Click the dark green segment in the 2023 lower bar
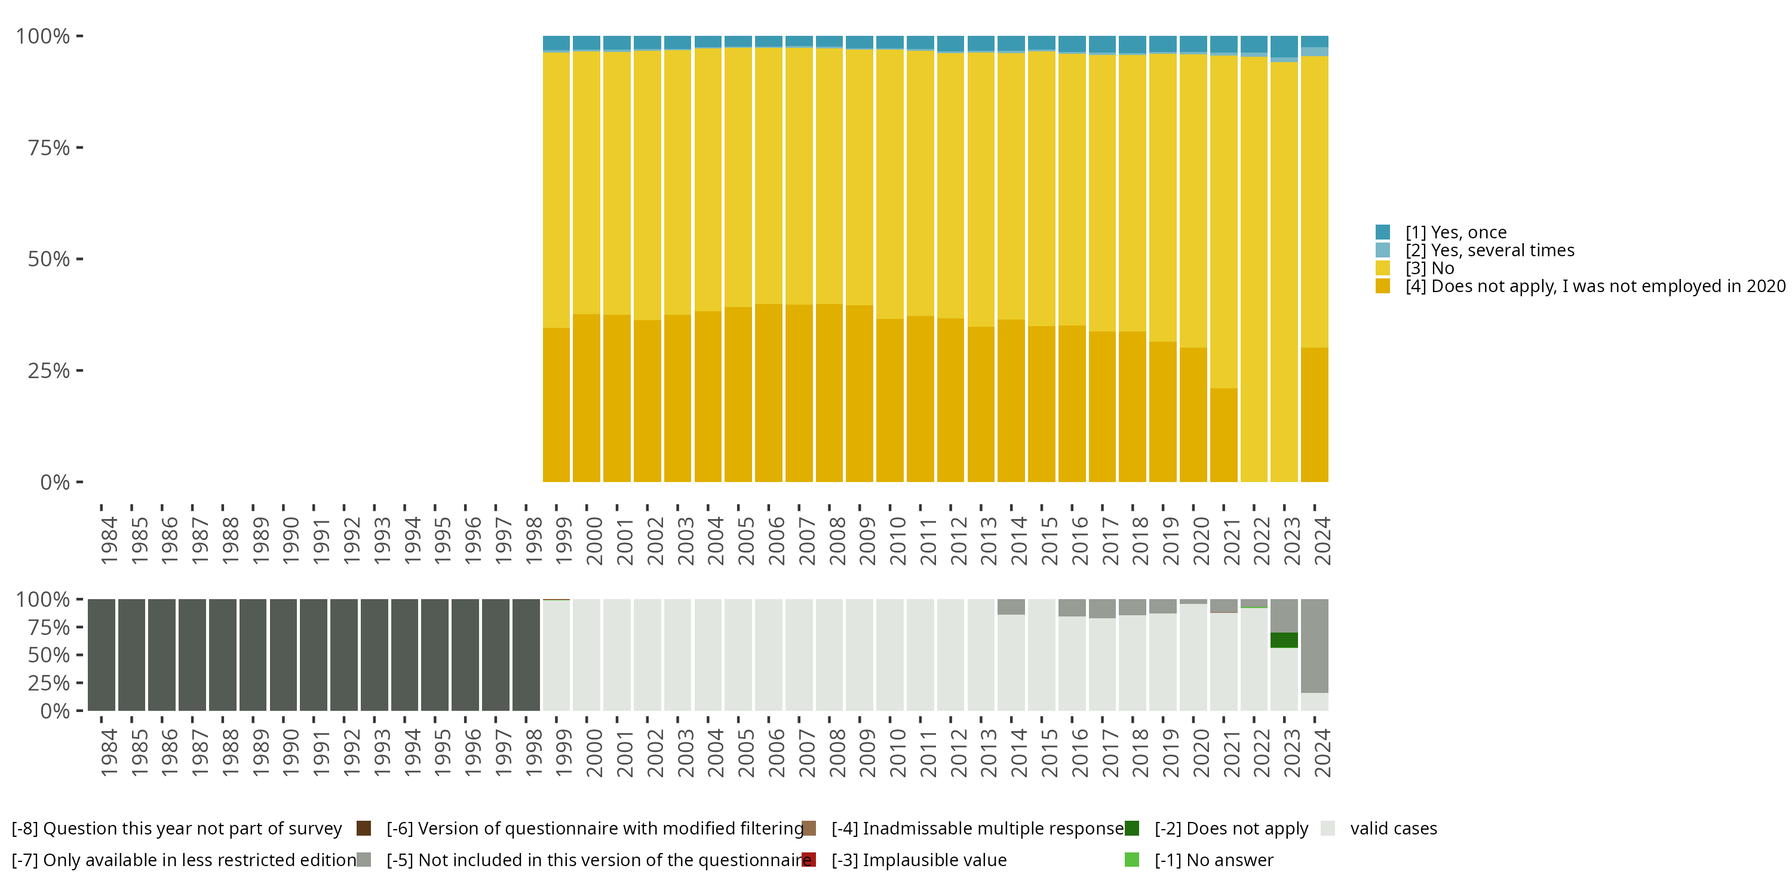(x=1284, y=640)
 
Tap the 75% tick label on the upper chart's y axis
(x=49, y=148)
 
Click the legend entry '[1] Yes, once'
(x=1455, y=232)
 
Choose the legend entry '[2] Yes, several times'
(x=1489, y=250)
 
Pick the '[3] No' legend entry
(x=1429, y=269)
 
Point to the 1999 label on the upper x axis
(x=563, y=541)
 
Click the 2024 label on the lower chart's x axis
(x=1322, y=753)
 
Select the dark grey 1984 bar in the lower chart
(x=102, y=655)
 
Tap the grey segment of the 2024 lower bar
(x=1314, y=646)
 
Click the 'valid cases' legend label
(x=1393, y=829)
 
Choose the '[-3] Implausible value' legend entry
(x=918, y=861)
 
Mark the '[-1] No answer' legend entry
(x=1213, y=861)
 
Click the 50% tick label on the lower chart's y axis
(x=49, y=655)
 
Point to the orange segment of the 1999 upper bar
(x=556, y=405)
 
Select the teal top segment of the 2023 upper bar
(x=1284, y=46)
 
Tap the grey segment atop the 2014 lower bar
(x=1011, y=607)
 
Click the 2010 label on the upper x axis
(x=897, y=541)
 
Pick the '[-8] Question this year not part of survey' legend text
(x=177, y=829)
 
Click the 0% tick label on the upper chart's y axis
(x=55, y=482)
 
